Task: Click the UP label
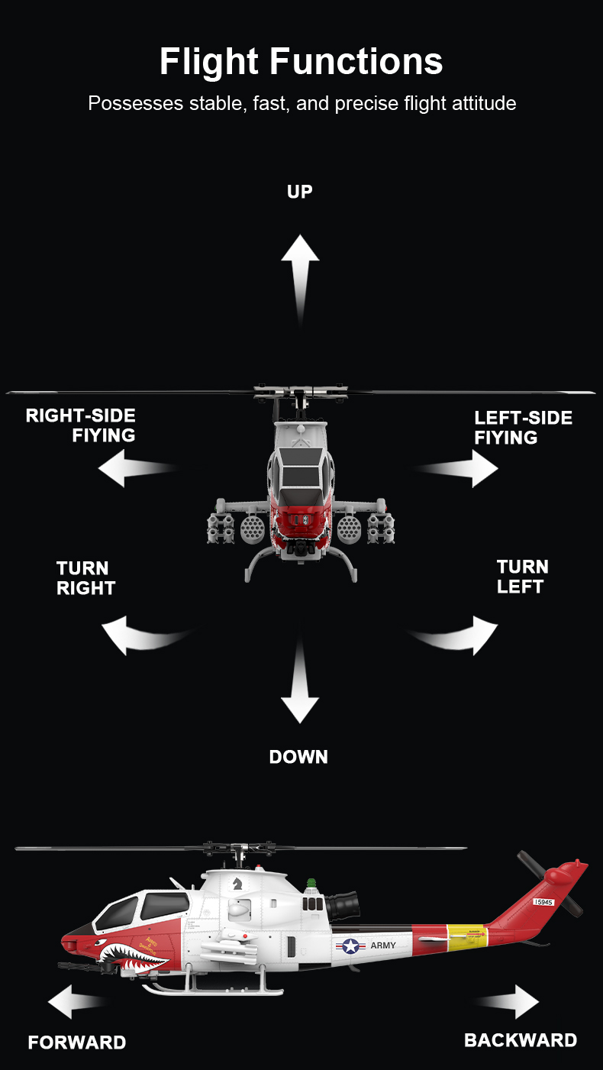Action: click(300, 191)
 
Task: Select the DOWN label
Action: click(298, 757)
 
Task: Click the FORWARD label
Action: click(77, 1043)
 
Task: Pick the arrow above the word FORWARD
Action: click(73, 1001)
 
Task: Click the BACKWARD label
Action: click(521, 1040)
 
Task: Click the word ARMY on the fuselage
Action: click(383, 946)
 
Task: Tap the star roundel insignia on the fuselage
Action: click(350, 946)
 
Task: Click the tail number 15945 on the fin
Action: click(544, 903)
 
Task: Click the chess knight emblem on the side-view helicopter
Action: click(237, 883)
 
